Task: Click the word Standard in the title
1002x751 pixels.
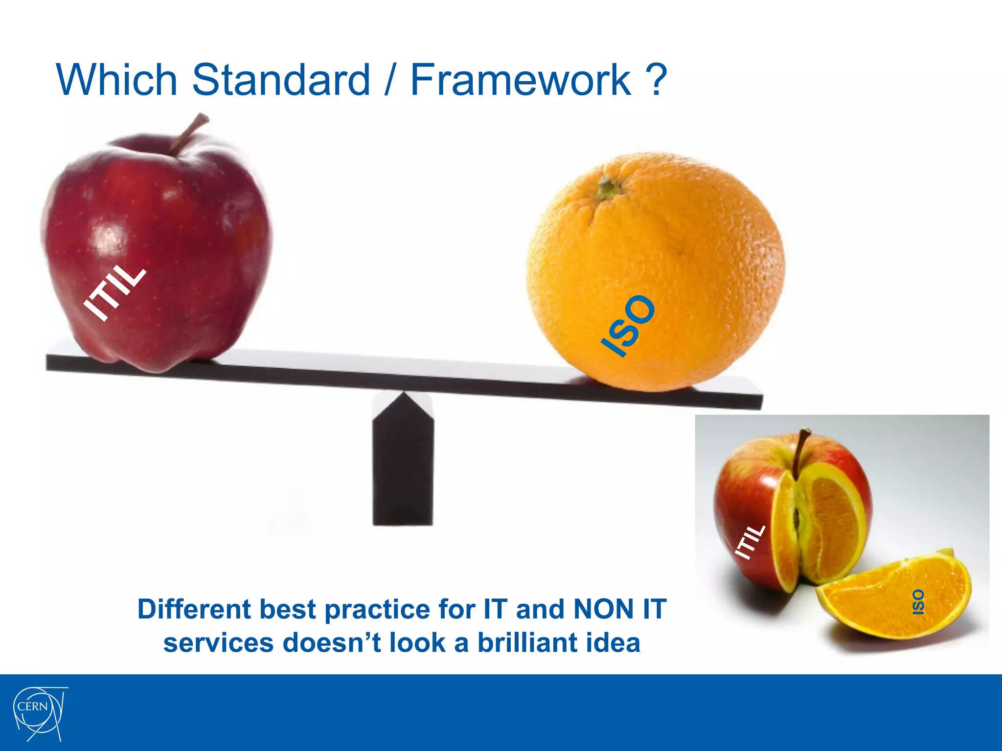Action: click(x=281, y=79)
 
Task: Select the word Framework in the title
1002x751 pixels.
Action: click(x=521, y=79)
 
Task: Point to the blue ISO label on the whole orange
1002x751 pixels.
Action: click(x=628, y=326)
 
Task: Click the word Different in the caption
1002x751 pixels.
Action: click(x=194, y=609)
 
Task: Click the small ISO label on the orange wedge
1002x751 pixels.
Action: click(x=918, y=602)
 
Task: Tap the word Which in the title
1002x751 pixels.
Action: click(x=116, y=79)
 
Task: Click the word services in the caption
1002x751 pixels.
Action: click(x=218, y=642)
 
